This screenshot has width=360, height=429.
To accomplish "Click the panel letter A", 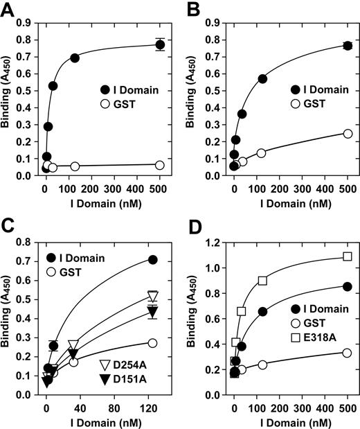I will [8, 9].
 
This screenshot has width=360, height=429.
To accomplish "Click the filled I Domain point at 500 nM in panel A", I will [160, 44].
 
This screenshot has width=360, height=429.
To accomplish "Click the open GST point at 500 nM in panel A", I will [160, 165].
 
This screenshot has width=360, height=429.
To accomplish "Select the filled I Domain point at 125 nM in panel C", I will [152, 260].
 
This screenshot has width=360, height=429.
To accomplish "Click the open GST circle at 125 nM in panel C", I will [152, 343].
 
